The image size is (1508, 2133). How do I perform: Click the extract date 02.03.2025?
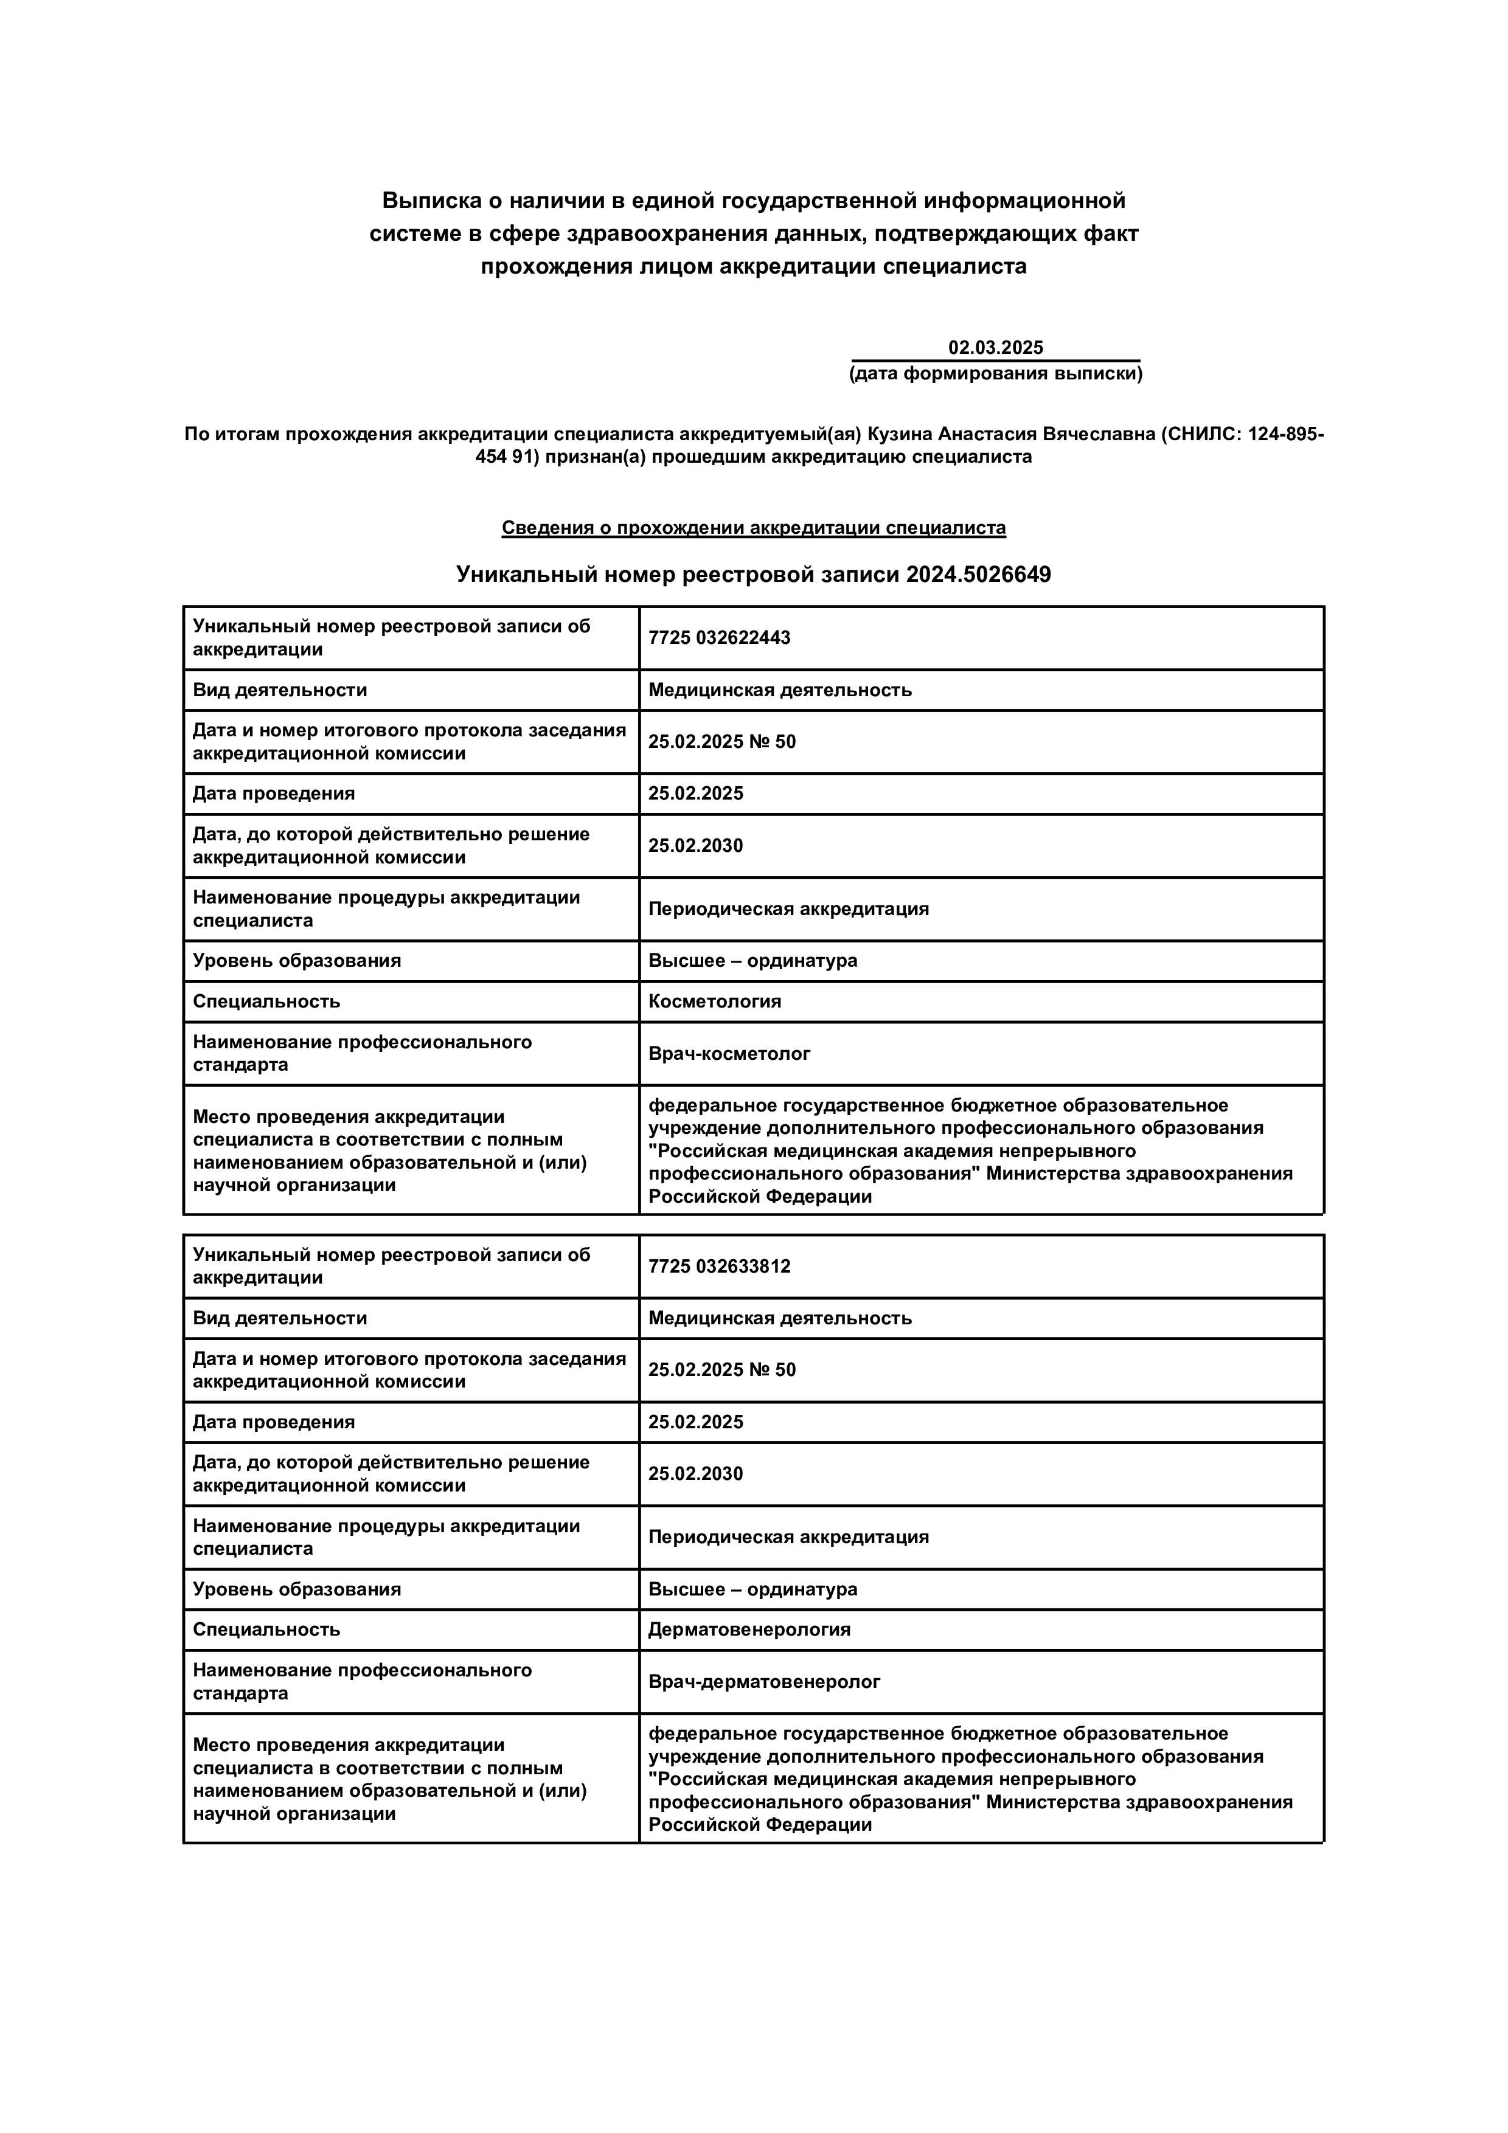(995, 347)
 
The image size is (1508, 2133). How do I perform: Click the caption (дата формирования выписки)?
(995, 373)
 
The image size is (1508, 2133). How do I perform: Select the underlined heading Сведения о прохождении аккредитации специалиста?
(754, 528)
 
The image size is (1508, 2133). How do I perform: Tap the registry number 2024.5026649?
(978, 574)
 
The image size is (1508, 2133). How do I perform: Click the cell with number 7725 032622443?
(719, 637)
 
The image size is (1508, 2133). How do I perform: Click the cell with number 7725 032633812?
(719, 1266)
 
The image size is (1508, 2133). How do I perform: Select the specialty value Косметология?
(715, 1001)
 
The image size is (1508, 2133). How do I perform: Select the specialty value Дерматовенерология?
(749, 1628)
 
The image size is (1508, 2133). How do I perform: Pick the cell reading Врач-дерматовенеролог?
(764, 1681)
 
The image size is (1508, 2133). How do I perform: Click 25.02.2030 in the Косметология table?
(695, 845)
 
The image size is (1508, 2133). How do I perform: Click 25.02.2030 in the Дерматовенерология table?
(695, 1473)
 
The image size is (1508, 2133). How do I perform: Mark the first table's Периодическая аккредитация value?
(788, 908)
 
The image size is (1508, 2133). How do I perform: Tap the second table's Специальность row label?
(266, 1628)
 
